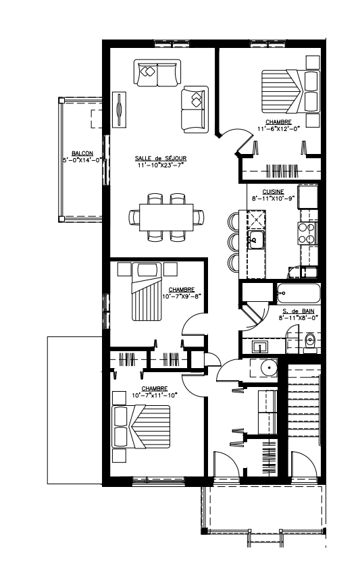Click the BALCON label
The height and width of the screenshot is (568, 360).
(82, 153)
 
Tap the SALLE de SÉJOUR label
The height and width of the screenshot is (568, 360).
(161, 158)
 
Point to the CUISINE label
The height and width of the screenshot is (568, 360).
(273, 192)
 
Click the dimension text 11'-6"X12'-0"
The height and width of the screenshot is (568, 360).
(279, 128)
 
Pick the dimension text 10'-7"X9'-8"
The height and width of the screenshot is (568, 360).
(182, 296)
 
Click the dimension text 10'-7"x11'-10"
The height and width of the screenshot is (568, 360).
(155, 396)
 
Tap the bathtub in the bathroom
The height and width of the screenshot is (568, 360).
(299, 293)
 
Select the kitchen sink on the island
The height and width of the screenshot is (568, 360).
(256, 240)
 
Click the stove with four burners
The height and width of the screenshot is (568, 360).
(307, 233)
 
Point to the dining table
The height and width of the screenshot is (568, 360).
(166, 217)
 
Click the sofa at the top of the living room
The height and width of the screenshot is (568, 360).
(157, 73)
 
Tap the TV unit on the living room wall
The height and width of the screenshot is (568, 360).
(120, 109)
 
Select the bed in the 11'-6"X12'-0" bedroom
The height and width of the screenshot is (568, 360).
(291, 91)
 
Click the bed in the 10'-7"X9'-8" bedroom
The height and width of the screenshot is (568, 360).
(147, 292)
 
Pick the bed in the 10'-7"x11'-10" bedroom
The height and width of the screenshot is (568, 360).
(142, 427)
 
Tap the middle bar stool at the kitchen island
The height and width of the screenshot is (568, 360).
(234, 241)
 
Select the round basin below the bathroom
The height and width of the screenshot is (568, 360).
(269, 368)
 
